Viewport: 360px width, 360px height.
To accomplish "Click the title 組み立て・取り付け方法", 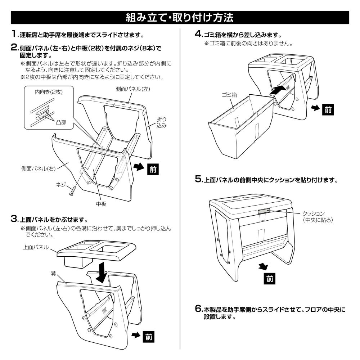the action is coord(180,17).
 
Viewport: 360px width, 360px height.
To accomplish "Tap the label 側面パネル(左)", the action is coord(133,89).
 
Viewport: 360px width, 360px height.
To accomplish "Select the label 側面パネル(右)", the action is coord(39,169).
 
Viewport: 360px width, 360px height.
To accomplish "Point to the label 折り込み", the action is coord(161,122).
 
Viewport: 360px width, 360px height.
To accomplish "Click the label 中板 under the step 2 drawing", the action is coord(101,204).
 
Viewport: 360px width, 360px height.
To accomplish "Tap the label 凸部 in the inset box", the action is coord(61,122).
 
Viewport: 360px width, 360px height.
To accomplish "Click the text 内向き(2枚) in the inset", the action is coord(49,92).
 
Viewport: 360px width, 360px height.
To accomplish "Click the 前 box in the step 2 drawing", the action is coord(153,169).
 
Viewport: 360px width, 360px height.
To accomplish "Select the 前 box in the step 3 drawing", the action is coord(149,337).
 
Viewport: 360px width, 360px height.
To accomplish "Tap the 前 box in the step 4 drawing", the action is coord(328,110).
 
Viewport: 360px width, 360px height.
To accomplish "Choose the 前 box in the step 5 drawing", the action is coord(270,279).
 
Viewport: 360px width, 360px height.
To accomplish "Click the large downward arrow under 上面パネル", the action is coord(102,273).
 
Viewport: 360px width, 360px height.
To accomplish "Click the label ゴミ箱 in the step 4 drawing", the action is coord(229,95).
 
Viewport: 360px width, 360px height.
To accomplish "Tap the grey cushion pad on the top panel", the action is coord(264,211).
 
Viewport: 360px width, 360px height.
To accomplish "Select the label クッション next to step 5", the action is coord(314,213).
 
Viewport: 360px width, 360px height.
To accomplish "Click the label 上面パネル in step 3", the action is coord(36,247).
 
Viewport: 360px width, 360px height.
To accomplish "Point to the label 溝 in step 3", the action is coord(53,273).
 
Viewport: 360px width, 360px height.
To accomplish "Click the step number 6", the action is coord(198,309).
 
